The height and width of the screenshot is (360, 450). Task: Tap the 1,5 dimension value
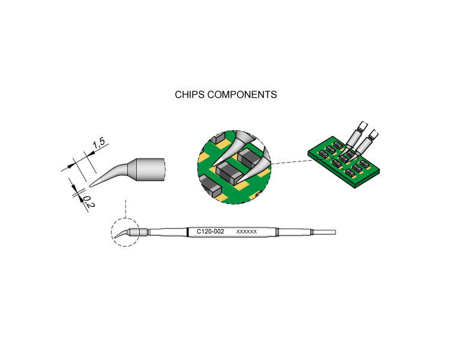point(99,143)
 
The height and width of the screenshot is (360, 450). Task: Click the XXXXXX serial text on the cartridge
point(247,232)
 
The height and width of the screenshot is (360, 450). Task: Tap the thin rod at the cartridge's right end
point(325,232)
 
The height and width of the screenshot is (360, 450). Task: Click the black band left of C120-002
point(188,232)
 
